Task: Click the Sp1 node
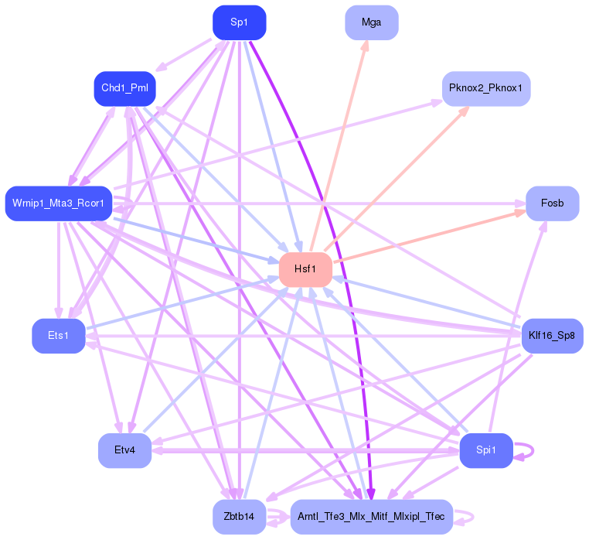pyautogui.click(x=240, y=22)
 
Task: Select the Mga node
pyautogui.click(x=372, y=22)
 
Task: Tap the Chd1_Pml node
pyautogui.click(x=124, y=88)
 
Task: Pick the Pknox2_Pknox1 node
pyautogui.click(x=486, y=88)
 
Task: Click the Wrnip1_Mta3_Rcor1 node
pyautogui.click(x=59, y=203)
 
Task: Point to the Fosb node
pyautogui.click(x=552, y=203)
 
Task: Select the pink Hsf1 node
pyautogui.click(x=305, y=269)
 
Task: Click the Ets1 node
pyautogui.click(x=59, y=336)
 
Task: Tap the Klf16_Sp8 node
pyautogui.click(x=552, y=336)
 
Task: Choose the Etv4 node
pyautogui.click(x=124, y=450)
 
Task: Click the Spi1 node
pyautogui.click(x=486, y=450)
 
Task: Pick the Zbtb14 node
pyautogui.click(x=240, y=517)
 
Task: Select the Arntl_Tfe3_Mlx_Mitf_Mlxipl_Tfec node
pyautogui.click(x=372, y=517)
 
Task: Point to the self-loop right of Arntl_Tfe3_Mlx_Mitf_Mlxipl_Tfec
pyautogui.click(x=472, y=517)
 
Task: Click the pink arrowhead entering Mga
pyautogui.click(x=365, y=45)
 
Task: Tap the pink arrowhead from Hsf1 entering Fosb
pyautogui.click(x=520, y=214)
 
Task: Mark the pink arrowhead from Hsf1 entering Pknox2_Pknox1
pyautogui.click(x=465, y=111)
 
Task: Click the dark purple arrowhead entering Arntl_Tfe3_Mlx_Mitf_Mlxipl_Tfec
pyautogui.click(x=371, y=494)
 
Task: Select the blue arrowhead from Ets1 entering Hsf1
pyautogui.click(x=274, y=279)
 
